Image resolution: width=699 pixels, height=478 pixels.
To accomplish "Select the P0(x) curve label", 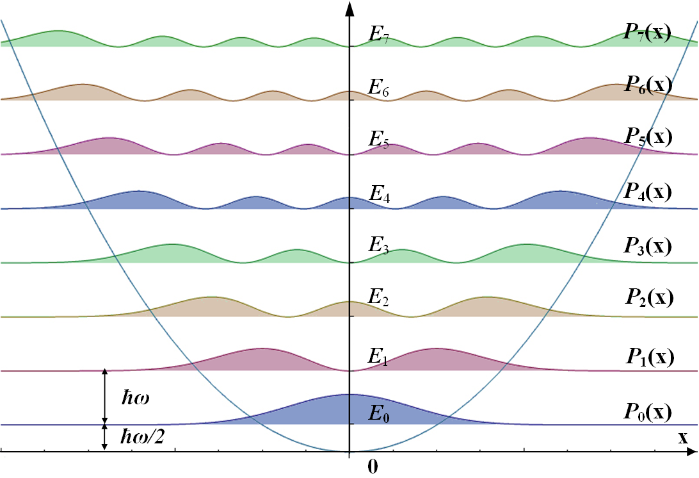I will pos(648,411).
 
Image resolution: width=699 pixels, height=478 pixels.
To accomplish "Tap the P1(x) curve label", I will pos(648,357).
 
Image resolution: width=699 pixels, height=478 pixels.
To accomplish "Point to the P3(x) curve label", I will pos(648,246).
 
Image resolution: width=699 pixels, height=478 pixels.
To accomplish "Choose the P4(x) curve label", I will pos(648,192).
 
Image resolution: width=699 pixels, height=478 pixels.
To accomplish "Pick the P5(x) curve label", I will pos(648,138).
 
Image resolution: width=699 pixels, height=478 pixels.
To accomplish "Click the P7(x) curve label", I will pos(648,33).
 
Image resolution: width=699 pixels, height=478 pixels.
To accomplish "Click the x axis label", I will pos(683,438).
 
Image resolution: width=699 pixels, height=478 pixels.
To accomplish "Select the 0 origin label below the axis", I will pos(373,467).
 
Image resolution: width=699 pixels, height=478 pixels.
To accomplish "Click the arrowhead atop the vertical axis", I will pos(349,8).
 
